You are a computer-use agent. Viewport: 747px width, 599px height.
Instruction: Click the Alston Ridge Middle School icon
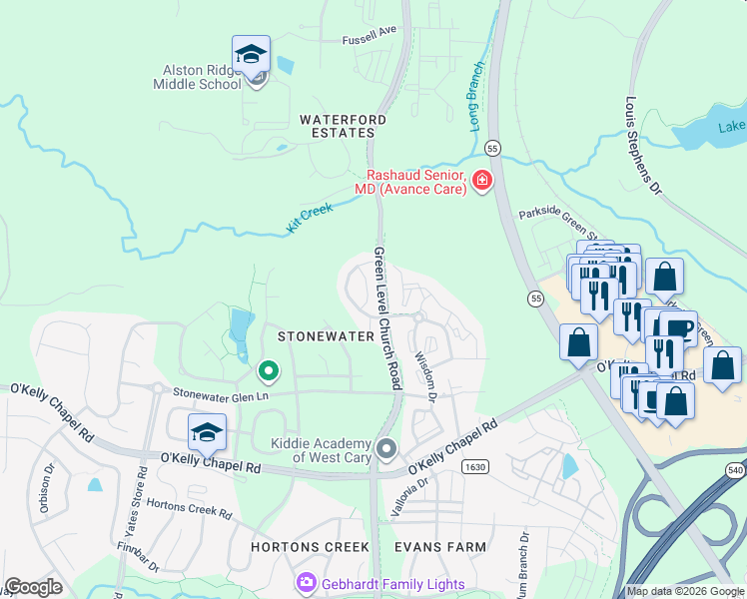coord(252,54)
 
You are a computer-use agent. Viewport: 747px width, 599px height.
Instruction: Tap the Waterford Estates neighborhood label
coord(343,127)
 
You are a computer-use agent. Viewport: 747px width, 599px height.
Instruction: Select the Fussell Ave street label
coord(369,31)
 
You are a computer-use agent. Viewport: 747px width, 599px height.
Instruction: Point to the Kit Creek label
coord(309,218)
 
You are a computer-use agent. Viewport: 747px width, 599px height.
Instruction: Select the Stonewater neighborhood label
coord(326,336)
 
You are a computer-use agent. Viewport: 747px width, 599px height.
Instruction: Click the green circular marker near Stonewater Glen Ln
coord(268,371)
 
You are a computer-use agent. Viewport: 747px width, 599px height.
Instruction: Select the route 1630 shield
coord(474,466)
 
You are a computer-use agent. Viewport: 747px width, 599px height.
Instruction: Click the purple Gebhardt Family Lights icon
coord(306,583)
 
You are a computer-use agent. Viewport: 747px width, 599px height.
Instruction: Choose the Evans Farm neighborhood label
coord(440,547)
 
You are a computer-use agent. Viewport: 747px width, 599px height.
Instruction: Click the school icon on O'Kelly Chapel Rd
coord(207,431)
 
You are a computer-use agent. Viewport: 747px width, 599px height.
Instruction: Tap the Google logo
coord(33,588)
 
